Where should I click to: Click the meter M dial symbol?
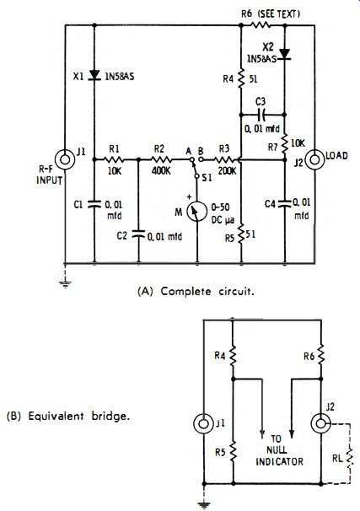[196, 212]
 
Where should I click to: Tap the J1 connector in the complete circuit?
[65, 159]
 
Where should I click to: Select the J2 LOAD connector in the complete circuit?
[315, 159]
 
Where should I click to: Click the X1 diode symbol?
[94, 76]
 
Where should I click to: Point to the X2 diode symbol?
[285, 54]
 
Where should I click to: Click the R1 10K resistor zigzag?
[114, 159]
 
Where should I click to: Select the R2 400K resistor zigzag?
[161, 159]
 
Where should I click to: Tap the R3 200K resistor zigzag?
[223, 159]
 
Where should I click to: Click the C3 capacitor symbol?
[261, 115]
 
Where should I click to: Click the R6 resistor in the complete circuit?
[261, 25]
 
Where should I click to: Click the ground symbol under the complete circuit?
[66, 284]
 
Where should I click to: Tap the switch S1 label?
[207, 178]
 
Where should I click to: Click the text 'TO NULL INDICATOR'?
[279, 450]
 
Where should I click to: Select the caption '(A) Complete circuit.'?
[196, 291]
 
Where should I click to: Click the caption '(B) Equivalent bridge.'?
[68, 416]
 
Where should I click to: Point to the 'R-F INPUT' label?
[49, 175]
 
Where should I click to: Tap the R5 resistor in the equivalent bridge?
[234, 451]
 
